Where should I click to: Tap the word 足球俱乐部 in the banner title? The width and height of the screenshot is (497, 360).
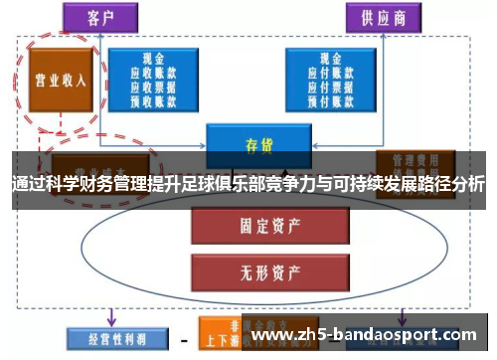pyautogui.click(x=240, y=186)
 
